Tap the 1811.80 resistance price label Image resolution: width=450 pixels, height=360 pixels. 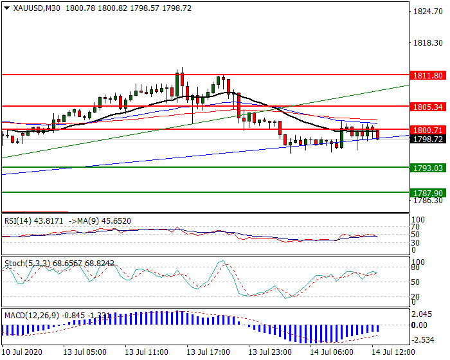tap(429, 75)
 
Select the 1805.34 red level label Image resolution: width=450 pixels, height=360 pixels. tap(429, 106)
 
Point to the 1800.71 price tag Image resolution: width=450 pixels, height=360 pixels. tap(429, 130)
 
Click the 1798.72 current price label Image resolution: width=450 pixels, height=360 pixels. tap(429, 139)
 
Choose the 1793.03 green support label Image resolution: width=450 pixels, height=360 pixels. tap(429, 168)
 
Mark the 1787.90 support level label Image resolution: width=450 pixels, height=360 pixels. tap(429, 192)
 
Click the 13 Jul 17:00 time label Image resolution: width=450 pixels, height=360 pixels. tap(208, 353)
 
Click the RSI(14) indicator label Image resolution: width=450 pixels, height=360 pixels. tap(17, 221)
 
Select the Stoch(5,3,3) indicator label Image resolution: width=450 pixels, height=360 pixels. tap(25, 263)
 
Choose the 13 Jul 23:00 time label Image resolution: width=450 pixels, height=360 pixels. tap(269, 353)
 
